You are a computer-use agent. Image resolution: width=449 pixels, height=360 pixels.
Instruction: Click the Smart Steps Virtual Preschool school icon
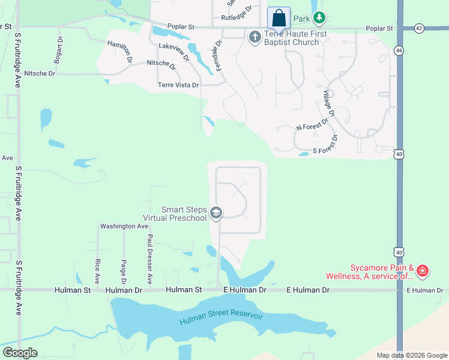216,213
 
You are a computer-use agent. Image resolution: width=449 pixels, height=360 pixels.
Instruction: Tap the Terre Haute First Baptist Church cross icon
254,37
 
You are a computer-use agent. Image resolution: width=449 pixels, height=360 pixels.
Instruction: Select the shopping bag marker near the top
279,17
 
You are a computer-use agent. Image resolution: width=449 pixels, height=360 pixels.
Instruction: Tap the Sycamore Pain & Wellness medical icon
423,271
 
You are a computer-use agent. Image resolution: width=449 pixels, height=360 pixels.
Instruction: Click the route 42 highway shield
418,28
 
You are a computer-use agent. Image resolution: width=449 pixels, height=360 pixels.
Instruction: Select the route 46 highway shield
399,50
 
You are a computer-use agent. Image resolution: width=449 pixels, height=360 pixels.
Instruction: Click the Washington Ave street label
124,226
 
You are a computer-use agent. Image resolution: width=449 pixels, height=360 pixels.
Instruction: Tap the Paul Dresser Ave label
150,259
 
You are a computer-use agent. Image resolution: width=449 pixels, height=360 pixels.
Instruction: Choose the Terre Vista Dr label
178,85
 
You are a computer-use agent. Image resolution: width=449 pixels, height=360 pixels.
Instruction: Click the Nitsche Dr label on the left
38,73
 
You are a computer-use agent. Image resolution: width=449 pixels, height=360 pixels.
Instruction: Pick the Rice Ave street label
97,271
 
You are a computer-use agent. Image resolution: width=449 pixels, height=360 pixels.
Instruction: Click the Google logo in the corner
19,353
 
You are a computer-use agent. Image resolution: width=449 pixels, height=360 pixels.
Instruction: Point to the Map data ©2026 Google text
411,355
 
